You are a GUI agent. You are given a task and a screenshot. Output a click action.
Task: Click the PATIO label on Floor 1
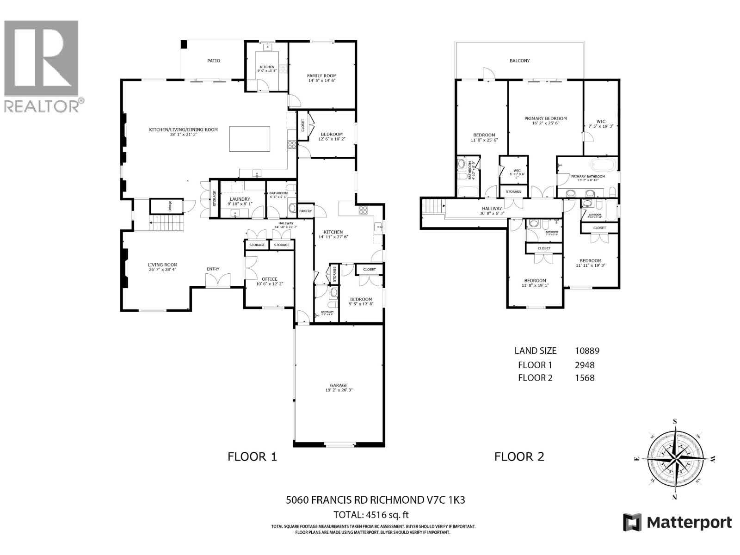(213, 61)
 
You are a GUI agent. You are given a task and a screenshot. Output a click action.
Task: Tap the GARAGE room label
(339, 385)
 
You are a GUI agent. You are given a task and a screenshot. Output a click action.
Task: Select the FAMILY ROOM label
(322, 76)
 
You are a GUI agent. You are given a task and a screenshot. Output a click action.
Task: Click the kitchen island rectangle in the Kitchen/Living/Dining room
(250, 139)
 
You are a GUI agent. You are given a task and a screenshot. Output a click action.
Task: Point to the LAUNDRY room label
(240, 199)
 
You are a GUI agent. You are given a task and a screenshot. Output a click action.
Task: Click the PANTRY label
(305, 211)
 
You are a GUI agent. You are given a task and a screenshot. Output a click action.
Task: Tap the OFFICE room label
(270, 279)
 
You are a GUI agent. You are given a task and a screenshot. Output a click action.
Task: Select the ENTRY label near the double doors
(213, 269)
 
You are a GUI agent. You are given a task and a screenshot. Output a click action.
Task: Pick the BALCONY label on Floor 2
(520, 61)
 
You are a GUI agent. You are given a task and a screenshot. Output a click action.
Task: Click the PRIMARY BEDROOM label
(545, 118)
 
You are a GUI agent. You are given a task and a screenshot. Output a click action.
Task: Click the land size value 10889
(587, 351)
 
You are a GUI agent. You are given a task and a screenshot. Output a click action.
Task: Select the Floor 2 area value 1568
(584, 378)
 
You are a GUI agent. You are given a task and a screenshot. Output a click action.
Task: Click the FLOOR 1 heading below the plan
(252, 457)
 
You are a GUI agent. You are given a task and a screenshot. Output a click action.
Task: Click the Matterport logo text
(689, 523)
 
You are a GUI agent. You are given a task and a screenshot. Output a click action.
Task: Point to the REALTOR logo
(43, 65)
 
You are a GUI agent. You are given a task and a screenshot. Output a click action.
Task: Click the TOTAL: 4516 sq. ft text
(371, 515)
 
